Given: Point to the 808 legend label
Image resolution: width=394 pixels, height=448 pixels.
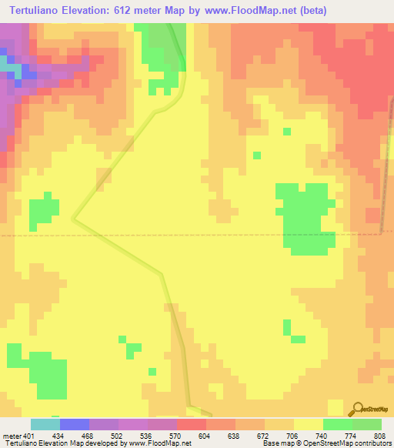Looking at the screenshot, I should [379, 436].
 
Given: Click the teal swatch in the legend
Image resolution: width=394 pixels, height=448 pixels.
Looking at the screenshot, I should [45, 424].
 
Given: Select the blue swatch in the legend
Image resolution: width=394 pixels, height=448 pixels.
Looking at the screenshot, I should [75, 424].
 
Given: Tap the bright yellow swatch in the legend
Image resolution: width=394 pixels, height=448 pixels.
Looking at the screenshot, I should [309, 424].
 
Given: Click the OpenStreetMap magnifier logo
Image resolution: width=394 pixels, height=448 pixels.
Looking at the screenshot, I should [357, 410].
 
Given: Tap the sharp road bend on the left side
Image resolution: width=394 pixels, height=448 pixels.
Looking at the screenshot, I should [74, 218].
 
